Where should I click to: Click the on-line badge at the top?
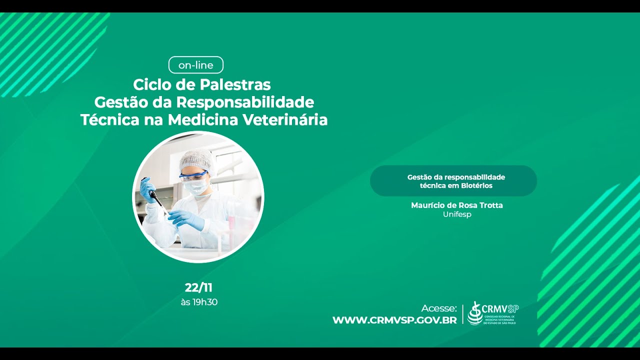click(196, 65)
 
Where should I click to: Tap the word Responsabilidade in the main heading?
click(245, 102)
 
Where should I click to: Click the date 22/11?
click(198, 287)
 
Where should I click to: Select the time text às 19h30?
click(199, 302)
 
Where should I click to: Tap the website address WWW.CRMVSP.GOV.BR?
click(394, 320)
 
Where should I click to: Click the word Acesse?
click(439, 308)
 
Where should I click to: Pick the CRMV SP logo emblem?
click(475, 313)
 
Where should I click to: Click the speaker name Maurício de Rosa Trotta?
click(456, 205)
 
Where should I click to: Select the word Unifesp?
click(457, 214)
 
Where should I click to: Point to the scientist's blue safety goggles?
click(194, 175)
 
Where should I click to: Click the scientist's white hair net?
click(197, 159)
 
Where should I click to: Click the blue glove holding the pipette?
click(147, 189)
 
